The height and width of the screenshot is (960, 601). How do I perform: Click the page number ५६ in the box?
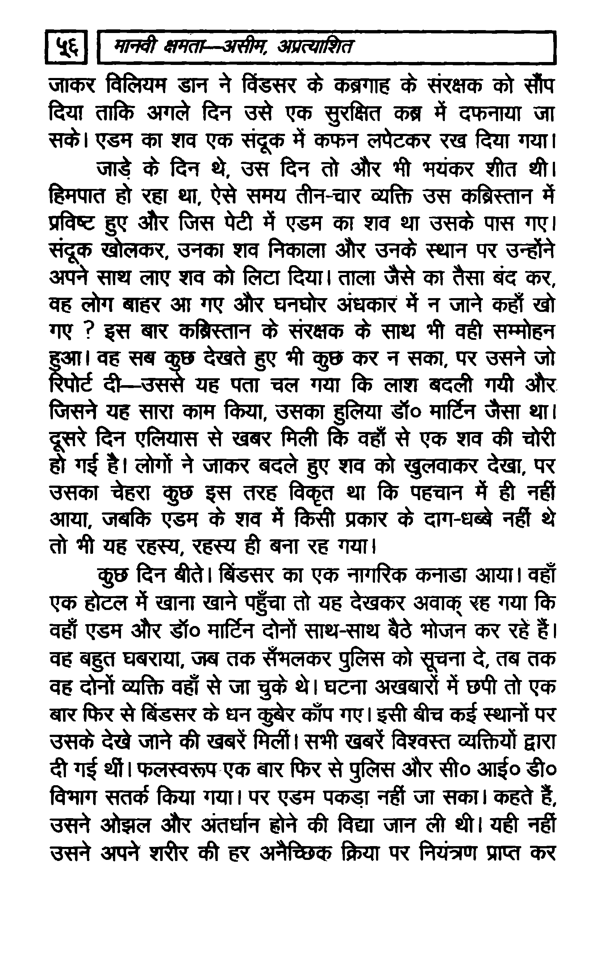click(66, 47)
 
